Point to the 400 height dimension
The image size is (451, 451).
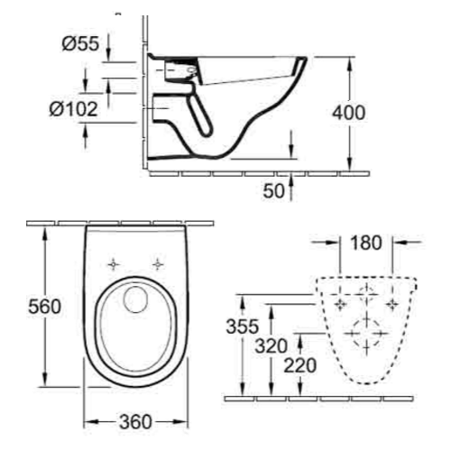pos(348,113)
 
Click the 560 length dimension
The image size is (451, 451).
pos(21,307)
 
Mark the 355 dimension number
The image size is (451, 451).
pos(244,326)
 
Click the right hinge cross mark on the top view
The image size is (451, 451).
pos(159,264)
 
